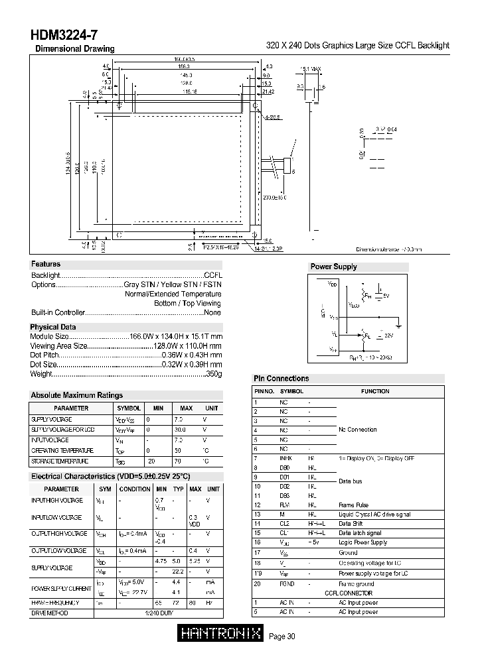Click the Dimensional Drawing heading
coord(74,48)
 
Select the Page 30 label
coord(282,637)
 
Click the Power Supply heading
coord(333,267)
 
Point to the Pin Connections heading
coord(281,379)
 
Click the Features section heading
coord(46,264)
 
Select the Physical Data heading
coord(53,327)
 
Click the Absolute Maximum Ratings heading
coord(77,395)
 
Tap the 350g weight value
coord(214,374)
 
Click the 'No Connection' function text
coord(358,430)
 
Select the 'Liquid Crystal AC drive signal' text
coord(374,514)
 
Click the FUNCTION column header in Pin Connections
coord(375,391)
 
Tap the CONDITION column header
coord(135,489)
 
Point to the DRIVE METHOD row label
coord(51,612)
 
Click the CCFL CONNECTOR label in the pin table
coord(349,593)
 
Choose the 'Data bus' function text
coord(351,480)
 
